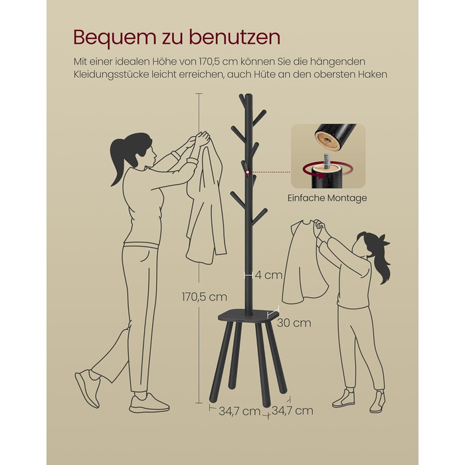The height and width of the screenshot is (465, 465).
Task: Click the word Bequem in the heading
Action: point(115,38)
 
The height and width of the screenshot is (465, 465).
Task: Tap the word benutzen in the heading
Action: point(234,37)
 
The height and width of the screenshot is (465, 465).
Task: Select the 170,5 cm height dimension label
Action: point(205,296)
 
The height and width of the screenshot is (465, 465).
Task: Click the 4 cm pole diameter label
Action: point(268,275)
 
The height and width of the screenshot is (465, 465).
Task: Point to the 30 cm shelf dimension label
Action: point(294,323)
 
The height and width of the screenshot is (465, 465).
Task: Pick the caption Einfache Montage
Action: point(327,198)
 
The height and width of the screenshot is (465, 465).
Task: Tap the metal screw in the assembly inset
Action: point(327,161)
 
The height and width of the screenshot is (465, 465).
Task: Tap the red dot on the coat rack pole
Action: point(248,172)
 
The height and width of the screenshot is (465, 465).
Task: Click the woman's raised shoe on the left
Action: point(88,388)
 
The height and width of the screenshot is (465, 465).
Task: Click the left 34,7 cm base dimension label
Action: point(239,411)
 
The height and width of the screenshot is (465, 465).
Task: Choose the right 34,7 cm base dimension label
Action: point(292,411)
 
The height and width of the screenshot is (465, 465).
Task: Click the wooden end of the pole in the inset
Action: point(327,139)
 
